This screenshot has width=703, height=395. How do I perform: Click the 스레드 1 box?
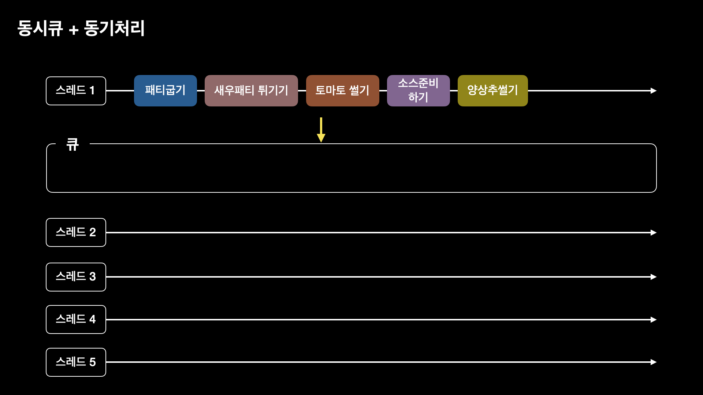point(76,91)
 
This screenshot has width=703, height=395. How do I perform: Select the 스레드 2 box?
point(76,232)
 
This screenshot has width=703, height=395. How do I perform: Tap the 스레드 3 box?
point(76,277)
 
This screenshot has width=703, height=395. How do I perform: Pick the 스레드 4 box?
point(76,319)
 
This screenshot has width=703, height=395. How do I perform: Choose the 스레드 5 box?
point(76,362)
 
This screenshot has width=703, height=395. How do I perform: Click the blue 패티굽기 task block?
point(165,91)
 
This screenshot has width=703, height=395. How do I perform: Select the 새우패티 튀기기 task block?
point(251,91)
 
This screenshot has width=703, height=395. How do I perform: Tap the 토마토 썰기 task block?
point(343,91)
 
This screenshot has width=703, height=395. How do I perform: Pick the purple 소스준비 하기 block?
point(419,91)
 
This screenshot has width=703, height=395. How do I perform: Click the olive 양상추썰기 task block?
point(493,91)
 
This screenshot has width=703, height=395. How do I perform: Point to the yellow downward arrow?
point(321,130)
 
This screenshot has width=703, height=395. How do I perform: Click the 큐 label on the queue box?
point(72,144)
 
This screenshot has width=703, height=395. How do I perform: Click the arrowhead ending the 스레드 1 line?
point(654,91)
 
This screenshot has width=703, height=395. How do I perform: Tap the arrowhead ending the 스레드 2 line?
point(654,233)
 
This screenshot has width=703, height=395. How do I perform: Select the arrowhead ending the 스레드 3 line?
point(654,277)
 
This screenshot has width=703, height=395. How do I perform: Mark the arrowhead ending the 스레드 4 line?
point(654,320)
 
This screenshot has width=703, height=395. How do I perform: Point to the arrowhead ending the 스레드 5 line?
point(654,362)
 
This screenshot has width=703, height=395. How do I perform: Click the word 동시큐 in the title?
point(40,28)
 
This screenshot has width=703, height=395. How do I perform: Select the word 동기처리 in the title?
point(115,28)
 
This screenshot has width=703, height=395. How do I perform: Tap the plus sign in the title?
point(74,30)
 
